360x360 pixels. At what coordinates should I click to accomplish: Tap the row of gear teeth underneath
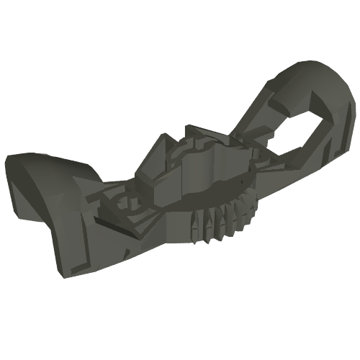pyautogui.click(x=220, y=220)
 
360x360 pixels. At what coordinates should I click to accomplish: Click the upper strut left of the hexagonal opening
pyautogui.click(x=277, y=130)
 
